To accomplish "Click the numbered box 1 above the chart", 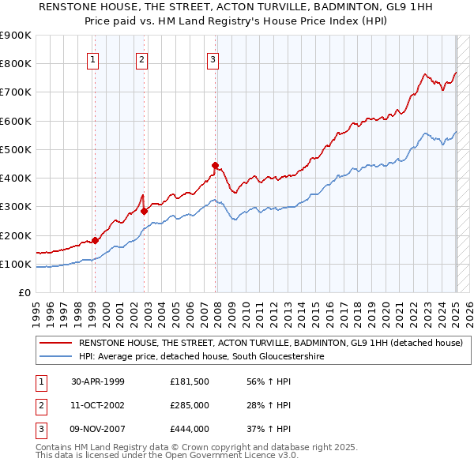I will [93, 58].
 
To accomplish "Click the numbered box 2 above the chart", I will [141, 58].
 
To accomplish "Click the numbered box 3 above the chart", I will [213, 58].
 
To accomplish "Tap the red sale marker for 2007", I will [215, 165].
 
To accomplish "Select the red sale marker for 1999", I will [95, 240].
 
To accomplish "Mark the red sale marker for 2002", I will [144, 211].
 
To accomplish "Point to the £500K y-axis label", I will [16, 149].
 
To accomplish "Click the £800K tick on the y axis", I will [16, 64].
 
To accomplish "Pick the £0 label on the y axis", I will [24, 292].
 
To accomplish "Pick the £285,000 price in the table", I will [190, 405].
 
